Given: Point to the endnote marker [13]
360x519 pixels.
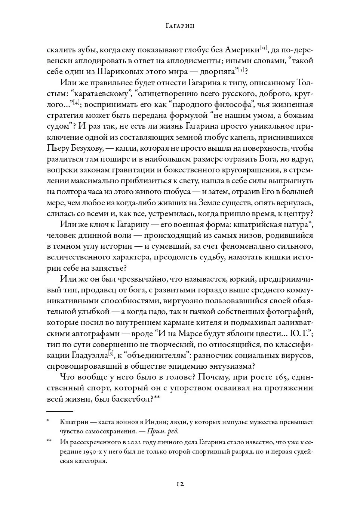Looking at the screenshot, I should (x=263, y=48).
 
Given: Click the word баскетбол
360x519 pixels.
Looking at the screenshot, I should (x=132, y=399).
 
